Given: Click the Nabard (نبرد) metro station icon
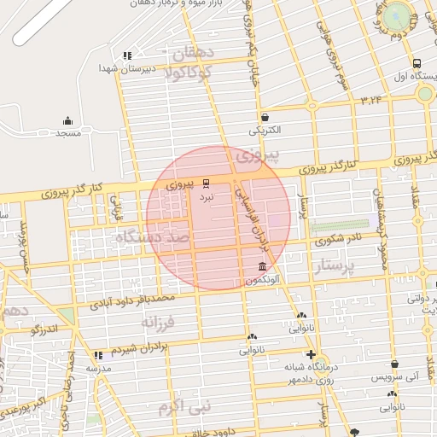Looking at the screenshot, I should (x=206, y=183).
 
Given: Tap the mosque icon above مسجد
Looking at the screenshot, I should (x=68, y=120).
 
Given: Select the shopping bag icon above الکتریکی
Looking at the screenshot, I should (x=265, y=118).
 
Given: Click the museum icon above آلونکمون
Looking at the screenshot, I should (x=261, y=267).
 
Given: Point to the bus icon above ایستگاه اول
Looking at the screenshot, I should (x=416, y=63).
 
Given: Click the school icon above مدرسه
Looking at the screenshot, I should (x=98, y=354).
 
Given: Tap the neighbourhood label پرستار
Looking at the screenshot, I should (x=338, y=269).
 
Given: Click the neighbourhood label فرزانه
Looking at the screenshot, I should (x=158, y=323).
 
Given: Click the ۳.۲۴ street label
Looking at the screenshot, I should (x=372, y=100).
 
